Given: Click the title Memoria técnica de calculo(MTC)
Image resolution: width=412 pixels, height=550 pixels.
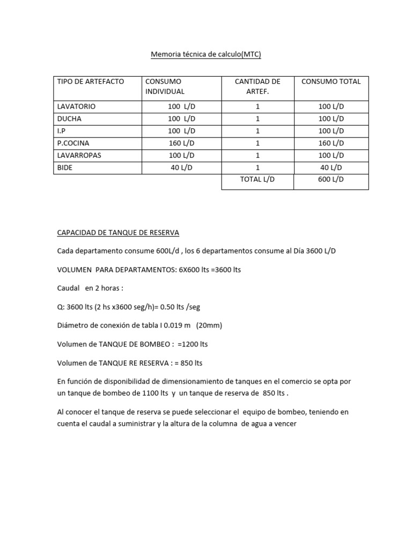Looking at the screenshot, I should pyautogui.click(x=205, y=55).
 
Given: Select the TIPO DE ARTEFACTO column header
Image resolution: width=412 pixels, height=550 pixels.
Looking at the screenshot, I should pyautogui.click(x=91, y=82).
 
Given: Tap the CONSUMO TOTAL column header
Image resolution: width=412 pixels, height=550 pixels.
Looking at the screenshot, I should pyautogui.click(x=331, y=82).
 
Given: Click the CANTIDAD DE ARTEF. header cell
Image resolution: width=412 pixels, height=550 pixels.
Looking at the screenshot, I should pyautogui.click(x=257, y=86).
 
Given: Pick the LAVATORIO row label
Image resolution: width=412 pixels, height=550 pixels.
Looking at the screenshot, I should pyautogui.click(x=76, y=106).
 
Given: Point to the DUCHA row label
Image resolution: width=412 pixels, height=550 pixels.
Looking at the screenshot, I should pyautogui.click(x=69, y=119).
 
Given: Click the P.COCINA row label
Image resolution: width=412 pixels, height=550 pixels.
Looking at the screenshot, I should pyautogui.click(x=74, y=143).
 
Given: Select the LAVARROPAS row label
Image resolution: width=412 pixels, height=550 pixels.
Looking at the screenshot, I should pyautogui.click(x=79, y=155).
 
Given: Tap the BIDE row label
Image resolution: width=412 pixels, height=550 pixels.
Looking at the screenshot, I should pyautogui.click(x=65, y=168).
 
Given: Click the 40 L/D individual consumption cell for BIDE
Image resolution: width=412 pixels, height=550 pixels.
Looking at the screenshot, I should pyautogui.click(x=181, y=168).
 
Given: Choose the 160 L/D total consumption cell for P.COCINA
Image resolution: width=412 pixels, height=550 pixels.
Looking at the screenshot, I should pyautogui.click(x=331, y=143).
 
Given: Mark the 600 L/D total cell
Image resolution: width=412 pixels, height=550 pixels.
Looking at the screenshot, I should pyautogui.click(x=331, y=180).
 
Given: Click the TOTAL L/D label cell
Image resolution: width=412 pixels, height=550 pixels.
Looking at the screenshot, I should pyautogui.click(x=257, y=180).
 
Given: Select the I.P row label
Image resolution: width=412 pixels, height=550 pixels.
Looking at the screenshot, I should pyautogui.click(x=62, y=131).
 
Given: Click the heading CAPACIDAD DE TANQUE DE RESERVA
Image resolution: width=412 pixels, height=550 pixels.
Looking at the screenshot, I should pyautogui.click(x=118, y=233).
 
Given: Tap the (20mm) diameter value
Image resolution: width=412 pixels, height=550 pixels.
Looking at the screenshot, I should pyautogui.click(x=209, y=325).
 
